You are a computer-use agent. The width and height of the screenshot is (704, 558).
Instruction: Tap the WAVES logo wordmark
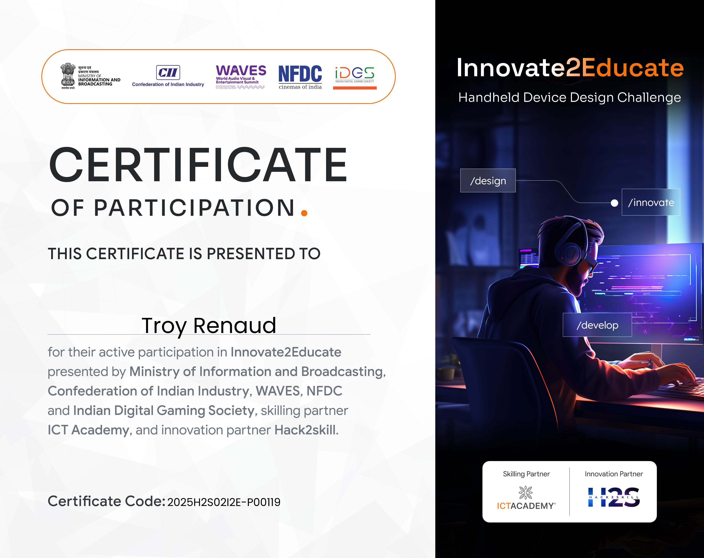click(x=241, y=70)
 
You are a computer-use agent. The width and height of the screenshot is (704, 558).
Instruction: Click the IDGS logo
click(x=355, y=77)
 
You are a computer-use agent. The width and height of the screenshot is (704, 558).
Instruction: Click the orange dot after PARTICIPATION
click(x=304, y=213)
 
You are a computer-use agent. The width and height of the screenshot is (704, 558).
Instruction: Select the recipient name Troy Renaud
click(x=209, y=326)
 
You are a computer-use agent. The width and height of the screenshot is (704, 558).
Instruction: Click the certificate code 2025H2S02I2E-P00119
click(x=224, y=502)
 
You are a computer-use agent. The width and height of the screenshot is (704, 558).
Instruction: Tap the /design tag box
click(x=488, y=181)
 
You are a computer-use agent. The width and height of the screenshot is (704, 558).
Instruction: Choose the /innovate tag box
click(x=651, y=202)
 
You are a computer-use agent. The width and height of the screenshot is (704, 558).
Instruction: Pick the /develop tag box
click(x=597, y=325)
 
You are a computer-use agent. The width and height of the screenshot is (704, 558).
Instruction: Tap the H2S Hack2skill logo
click(x=614, y=497)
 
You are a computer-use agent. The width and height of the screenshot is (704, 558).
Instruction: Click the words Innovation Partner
click(x=613, y=474)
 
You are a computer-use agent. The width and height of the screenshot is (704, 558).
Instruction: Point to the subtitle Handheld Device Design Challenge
click(x=570, y=98)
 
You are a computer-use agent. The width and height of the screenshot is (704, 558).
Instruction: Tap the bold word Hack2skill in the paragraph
click(x=305, y=430)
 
